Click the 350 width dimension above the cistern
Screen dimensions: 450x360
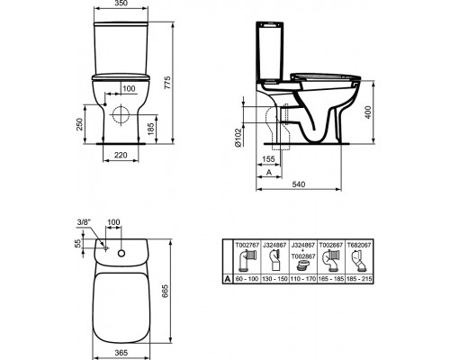(121, 4)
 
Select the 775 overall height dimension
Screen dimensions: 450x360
(167, 83)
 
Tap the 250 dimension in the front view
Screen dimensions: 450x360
(79, 124)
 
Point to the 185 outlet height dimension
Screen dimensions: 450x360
(151, 129)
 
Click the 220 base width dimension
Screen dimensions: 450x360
(121, 155)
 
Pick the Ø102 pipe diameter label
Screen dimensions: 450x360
(238, 138)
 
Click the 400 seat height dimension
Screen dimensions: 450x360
(368, 112)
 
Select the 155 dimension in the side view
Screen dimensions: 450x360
(268, 159)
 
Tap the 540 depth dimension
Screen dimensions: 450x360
(299, 184)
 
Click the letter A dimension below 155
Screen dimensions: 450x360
(269, 172)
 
